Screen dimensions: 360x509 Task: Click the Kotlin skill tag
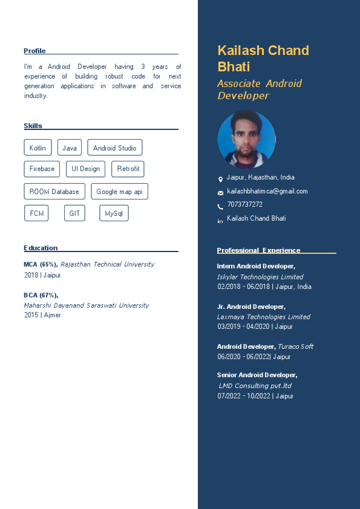tap(38, 148)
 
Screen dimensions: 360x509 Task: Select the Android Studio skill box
tap(115, 148)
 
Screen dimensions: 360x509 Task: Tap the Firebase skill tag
tap(42, 169)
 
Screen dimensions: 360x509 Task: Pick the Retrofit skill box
tap(128, 169)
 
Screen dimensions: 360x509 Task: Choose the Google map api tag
tap(119, 192)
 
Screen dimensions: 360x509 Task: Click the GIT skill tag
tap(74, 213)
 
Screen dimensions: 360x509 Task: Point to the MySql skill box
tap(114, 213)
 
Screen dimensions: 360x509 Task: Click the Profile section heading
tap(34, 51)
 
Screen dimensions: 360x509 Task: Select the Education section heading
tap(41, 248)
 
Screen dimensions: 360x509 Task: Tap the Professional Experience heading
tap(258, 250)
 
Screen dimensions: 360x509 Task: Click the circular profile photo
tap(246, 139)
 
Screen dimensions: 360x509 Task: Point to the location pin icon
tap(220, 179)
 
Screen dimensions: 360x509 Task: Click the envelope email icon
tap(220, 193)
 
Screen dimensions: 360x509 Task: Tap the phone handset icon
tap(220, 207)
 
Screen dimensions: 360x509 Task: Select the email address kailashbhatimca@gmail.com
tap(267, 191)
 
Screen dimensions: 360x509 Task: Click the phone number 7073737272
tap(244, 204)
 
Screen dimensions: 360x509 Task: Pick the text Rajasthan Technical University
tap(107, 264)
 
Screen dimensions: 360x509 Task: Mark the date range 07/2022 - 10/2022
tap(244, 396)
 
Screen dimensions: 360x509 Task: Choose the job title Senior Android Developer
tap(257, 375)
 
